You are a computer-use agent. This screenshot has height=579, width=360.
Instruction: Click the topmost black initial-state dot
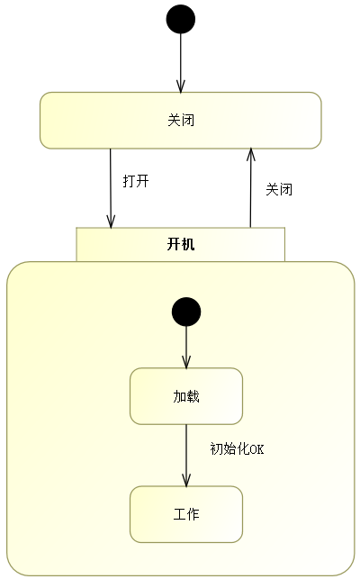pos(181,19)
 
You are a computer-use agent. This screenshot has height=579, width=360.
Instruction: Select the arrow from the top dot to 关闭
pos(181,63)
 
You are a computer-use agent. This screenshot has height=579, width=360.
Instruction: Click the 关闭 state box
pos(181,121)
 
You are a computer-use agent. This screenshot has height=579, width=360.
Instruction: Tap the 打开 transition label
pos(136,181)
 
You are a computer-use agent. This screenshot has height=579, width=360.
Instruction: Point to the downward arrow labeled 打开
pos(111,188)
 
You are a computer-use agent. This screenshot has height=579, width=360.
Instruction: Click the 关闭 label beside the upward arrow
pos(279,189)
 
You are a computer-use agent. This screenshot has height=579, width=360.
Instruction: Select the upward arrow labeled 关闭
pos(251,187)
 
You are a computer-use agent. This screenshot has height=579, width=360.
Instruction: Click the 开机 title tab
pos(181,244)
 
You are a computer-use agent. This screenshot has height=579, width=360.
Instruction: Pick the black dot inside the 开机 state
pos(186,312)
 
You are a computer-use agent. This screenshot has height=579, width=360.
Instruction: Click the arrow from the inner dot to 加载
pos(186,347)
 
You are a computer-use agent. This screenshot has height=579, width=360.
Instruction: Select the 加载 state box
pos(186,396)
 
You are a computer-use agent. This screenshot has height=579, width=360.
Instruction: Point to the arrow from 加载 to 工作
pos(186,456)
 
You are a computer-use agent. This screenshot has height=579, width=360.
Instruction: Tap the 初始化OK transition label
pos(237,448)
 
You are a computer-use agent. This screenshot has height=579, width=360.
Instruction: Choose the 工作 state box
pos(186,514)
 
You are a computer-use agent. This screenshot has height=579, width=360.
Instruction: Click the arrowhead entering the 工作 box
pos(186,481)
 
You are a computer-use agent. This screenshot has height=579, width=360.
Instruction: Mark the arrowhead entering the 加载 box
pos(186,363)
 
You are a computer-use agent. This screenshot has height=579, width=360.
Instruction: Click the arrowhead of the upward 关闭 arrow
pos(251,154)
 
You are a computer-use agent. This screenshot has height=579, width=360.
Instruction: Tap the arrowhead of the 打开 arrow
pos(111,222)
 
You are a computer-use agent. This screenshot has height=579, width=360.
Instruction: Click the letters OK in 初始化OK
pos(257,449)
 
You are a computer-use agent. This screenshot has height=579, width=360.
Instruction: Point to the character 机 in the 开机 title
pos(188,244)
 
